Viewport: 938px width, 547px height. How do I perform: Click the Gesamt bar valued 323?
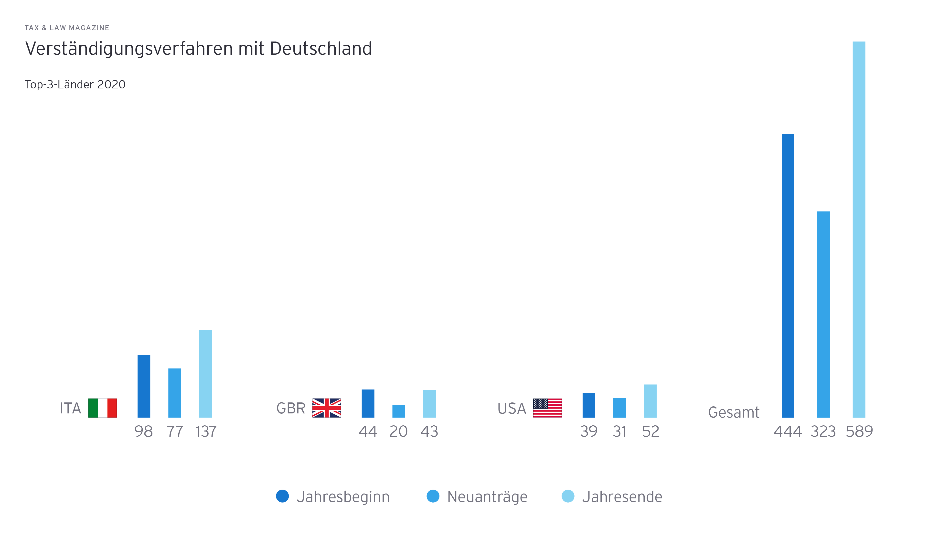point(823,315)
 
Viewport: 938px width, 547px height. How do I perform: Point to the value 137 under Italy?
point(206,432)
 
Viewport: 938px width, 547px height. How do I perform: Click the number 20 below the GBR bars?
point(398,432)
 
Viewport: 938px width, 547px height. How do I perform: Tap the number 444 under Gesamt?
point(788,432)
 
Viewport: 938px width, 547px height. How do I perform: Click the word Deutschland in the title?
point(321,49)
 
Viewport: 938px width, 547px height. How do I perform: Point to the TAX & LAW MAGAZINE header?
point(67,28)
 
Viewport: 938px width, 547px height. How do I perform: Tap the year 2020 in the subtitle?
point(111,84)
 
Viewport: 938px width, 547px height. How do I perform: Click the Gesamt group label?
point(734,412)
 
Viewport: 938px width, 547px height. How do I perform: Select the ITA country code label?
point(70,408)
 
